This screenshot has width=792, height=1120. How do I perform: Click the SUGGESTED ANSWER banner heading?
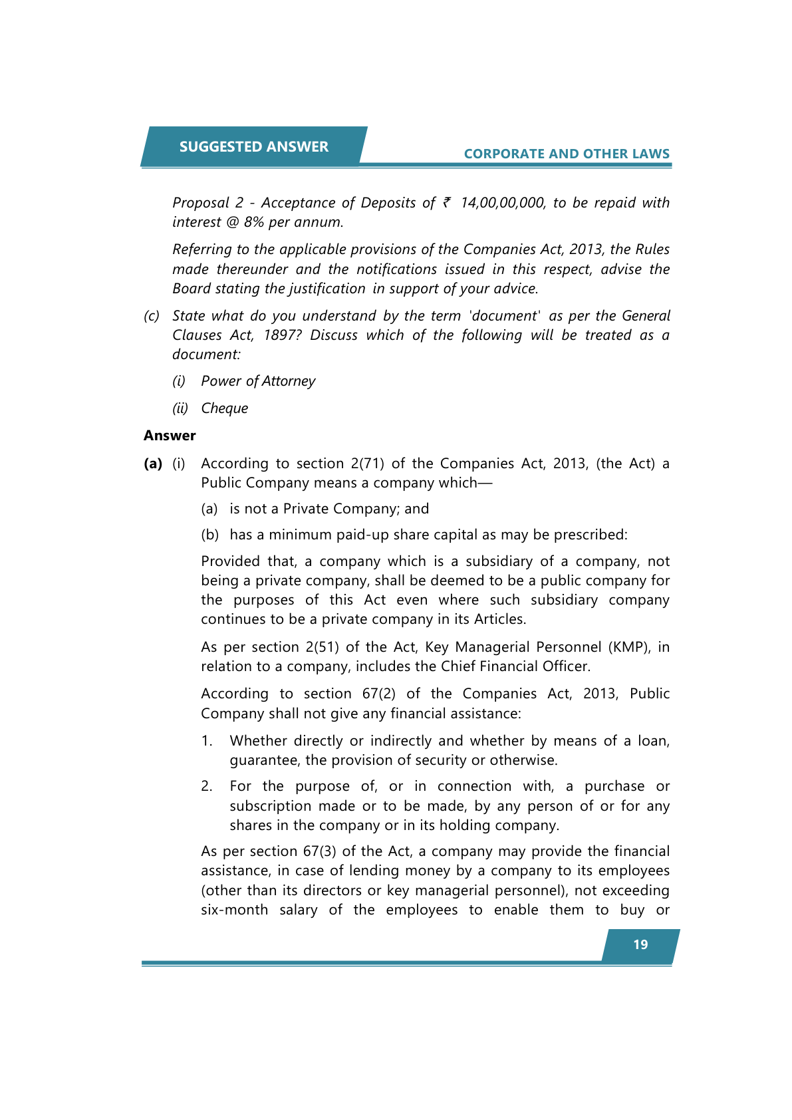click(x=253, y=147)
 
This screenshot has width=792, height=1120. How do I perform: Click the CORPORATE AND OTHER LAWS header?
click(x=567, y=154)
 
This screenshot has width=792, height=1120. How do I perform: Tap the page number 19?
click(x=640, y=944)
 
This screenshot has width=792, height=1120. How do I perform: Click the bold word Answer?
click(x=170, y=436)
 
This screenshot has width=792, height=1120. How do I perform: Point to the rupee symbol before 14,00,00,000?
click(x=447, y=202)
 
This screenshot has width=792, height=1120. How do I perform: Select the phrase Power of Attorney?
click(x=258, y=381)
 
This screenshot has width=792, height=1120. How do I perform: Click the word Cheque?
click(x=225, y=408)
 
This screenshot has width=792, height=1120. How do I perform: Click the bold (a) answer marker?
click(x=153, y=464)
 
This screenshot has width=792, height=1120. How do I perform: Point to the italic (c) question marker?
click(x=152, y=316)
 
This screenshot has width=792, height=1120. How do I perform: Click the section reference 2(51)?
click(x=321, y=647)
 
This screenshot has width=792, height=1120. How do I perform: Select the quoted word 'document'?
click(x=505, y=316)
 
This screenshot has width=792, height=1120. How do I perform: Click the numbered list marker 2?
click(x=207, y=787)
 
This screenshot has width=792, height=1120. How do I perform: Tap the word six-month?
click(x=234, y=910)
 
